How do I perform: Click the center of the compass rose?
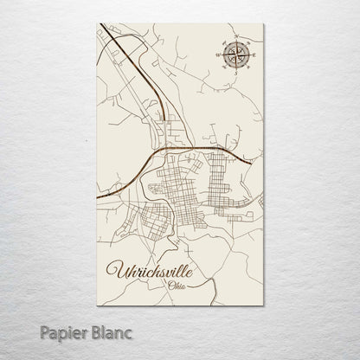pos(234,57)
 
